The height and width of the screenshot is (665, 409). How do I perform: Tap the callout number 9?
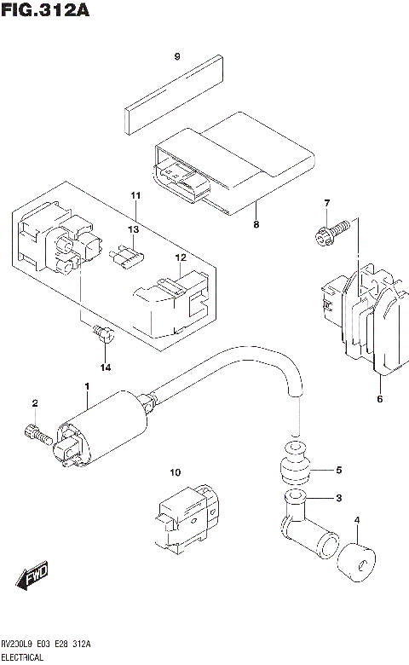coord(177,57)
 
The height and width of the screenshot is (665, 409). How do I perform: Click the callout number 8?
coord(256,225)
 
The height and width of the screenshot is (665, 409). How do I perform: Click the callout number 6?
coord(380,398)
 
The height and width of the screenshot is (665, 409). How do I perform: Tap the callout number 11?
coord(135,197)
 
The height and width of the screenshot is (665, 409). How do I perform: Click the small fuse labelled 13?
coord(127,255)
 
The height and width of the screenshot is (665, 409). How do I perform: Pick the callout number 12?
coord(180,257)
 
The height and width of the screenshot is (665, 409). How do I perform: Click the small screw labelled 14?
coord(103,334)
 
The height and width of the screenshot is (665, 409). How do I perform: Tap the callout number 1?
coord(86,387)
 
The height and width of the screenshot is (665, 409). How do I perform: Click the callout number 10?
coord(175,472)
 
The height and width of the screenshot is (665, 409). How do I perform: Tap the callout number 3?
coord(337,499)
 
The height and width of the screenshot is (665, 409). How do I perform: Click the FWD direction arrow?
coord(32,577)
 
